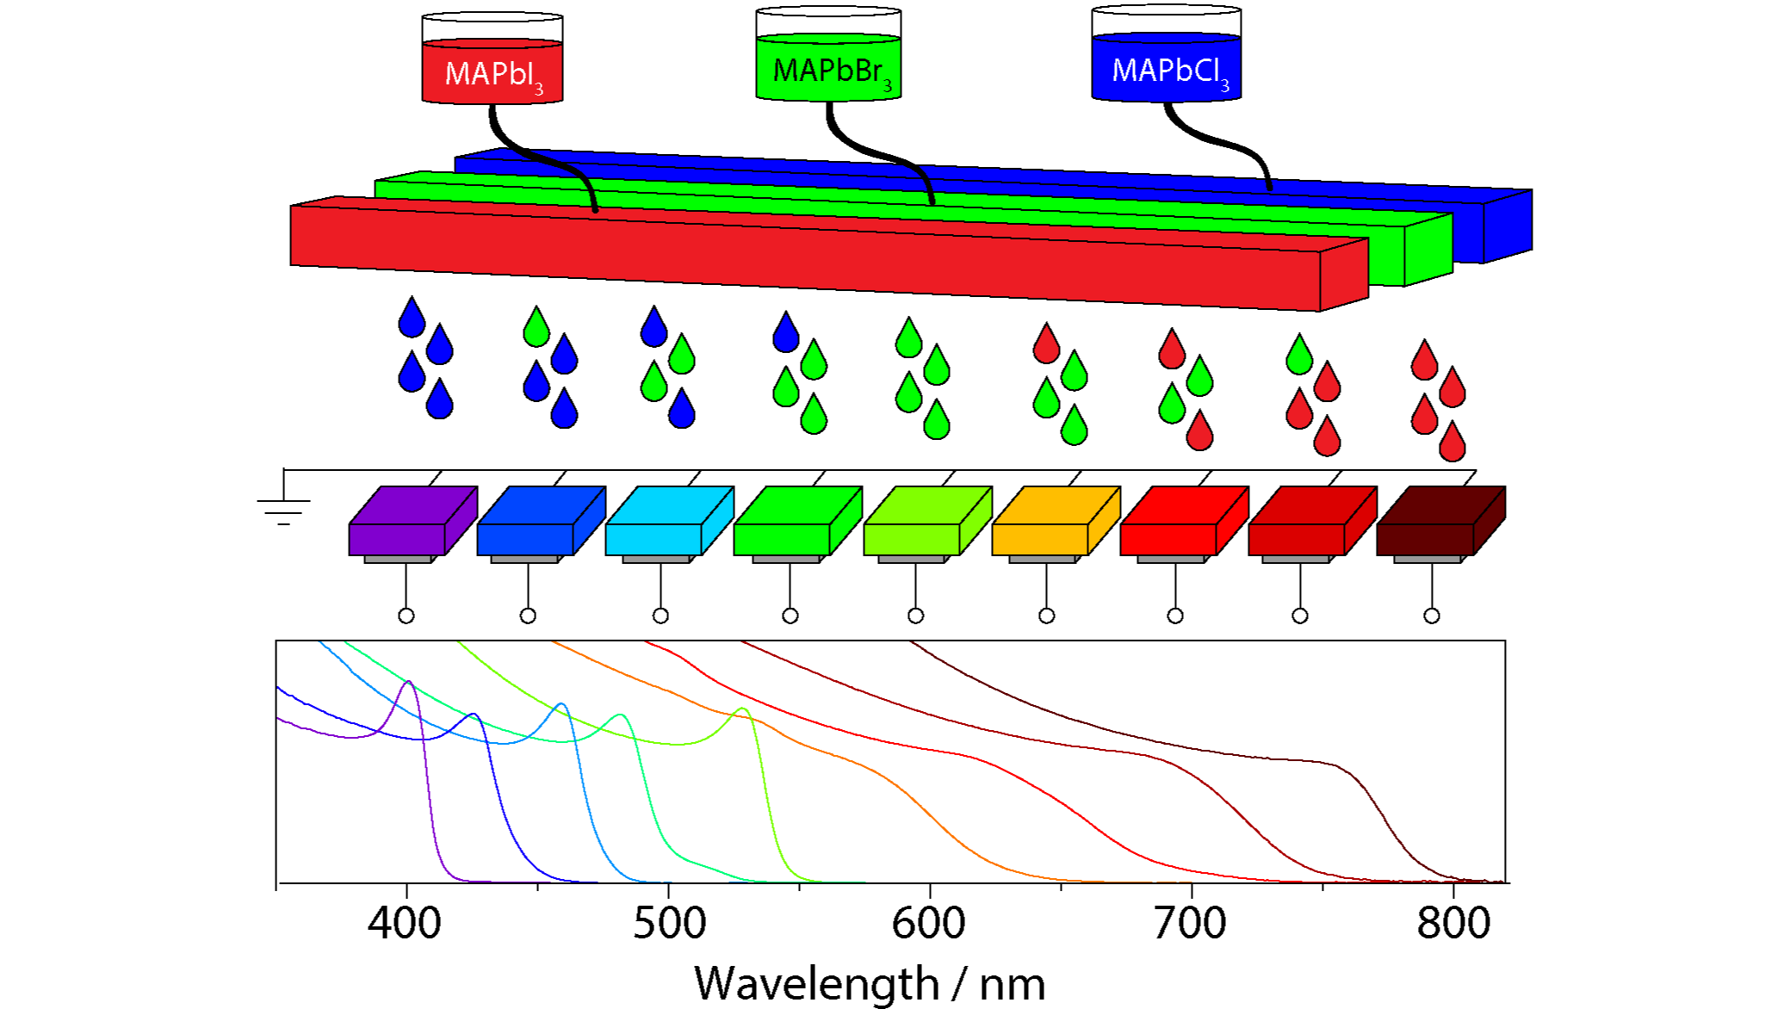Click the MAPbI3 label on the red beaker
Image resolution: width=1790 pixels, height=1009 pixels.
(493, 75)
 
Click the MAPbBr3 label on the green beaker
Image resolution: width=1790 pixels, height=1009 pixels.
(832, 71)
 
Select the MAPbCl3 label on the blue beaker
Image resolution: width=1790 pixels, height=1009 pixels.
(1170, 71)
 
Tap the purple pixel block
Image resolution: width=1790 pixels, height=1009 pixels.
(412, 521)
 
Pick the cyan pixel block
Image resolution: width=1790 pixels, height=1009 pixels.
(669, 521)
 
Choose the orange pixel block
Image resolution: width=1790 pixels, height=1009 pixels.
(1056, 521)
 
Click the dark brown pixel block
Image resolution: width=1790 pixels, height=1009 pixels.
(1440, 521)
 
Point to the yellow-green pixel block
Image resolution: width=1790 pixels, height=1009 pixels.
(927, 521)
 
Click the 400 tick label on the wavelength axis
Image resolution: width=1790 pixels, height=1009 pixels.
(405, 923)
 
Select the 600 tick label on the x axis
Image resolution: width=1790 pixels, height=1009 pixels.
(928, 923)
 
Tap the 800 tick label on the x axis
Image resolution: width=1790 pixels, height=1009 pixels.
(1453, 923)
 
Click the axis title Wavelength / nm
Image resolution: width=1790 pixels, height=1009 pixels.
(870, 983)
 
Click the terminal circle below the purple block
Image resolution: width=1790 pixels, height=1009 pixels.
(406, 616)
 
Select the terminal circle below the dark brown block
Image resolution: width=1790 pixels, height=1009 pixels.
(1432, 616)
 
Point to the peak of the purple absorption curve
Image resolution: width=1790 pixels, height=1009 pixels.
(409, 682)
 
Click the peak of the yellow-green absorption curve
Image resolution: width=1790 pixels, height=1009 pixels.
(742, 709)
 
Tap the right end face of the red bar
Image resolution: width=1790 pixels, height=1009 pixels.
(1344, 275)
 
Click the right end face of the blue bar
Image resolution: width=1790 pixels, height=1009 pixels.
(1508, 226)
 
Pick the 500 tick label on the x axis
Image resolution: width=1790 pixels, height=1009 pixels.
(669, 923)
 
